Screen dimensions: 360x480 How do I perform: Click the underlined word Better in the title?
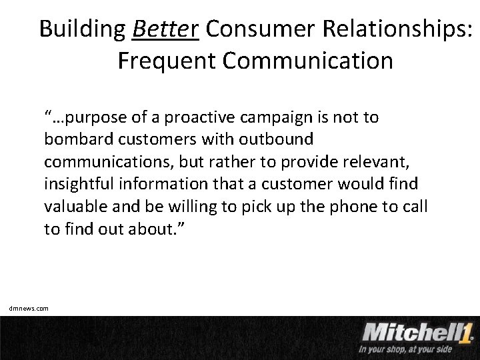pos(166,29)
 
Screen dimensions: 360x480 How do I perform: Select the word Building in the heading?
pos(81,29)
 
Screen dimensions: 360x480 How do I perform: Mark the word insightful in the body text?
pos(74,183)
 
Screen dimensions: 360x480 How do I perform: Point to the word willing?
pos(179,205)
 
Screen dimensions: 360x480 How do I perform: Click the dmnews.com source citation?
pos(29,308)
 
